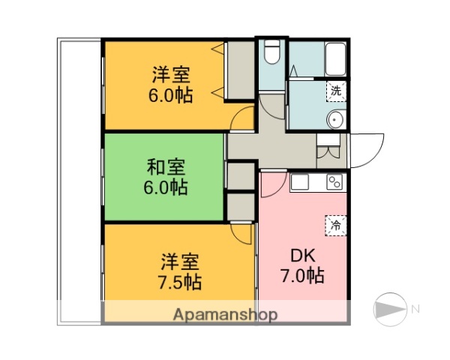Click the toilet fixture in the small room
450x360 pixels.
[271, 55]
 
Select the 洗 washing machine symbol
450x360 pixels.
[336, 91]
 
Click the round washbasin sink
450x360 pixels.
[336, 120]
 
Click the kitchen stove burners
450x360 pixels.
[334, 181]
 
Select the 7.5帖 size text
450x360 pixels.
[180, 282]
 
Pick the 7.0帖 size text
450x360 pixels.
[302, 277]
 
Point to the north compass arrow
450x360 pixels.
[389, 307]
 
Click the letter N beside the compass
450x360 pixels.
[414, 307]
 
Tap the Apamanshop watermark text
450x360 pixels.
[225, 315]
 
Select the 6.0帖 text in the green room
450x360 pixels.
[166, 187]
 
